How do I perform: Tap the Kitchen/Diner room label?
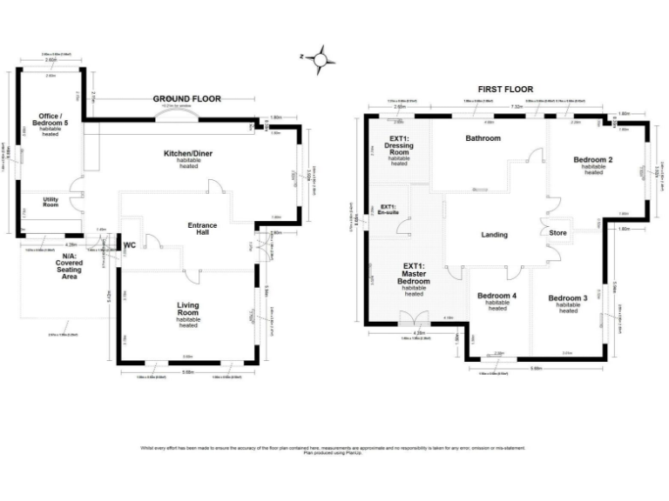point(188,154)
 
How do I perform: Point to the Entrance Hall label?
point(203,230)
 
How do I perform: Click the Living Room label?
point(188,310)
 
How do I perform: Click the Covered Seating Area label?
point(66,266)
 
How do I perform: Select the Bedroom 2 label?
point(593,160)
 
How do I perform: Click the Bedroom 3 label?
point(568,299)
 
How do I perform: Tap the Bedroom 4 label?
point(497,297)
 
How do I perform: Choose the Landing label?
point(494,235)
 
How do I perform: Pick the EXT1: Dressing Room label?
point(399,146)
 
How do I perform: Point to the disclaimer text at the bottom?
point(334,450)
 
